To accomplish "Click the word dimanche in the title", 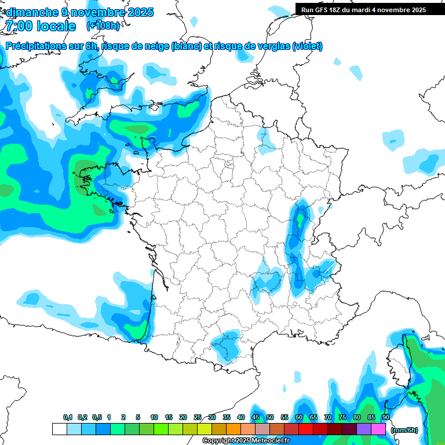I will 32,12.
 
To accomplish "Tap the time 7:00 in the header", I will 21,26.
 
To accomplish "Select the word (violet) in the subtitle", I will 307,46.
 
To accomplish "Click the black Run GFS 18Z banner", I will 370,9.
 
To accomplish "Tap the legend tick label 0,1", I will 68,418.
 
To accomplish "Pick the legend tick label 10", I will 154,418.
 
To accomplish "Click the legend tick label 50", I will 270,418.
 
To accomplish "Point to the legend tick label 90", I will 385,418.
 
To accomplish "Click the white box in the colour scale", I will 59,429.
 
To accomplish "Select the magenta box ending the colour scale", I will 378,429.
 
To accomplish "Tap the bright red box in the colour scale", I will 306,429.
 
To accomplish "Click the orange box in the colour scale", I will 234,429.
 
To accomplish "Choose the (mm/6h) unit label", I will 404,430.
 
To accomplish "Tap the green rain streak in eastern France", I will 300,220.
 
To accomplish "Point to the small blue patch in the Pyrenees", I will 228,344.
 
